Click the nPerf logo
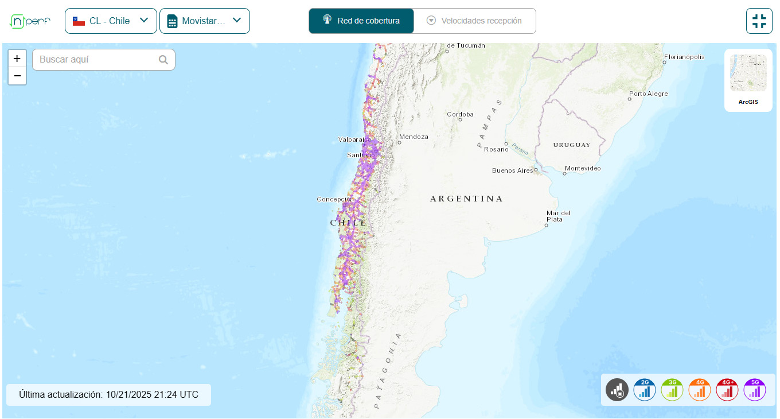pyautogui.click(x=30, y=21)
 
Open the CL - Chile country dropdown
pyautogui.click(x=111, y=21)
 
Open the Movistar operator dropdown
pyautogui.click(x=204, y=21)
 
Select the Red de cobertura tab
pyautogui.click(x=361, y=21)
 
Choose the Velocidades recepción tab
pyautogui.click(x=474, y=21)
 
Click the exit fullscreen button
pyautogui.click(x=759, y=21)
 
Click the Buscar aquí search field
pyautogui.click(x=97, y=60)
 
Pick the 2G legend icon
pyautogui.click(x=645, y=390)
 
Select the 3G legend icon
pyautogui.click(x=672, y=390)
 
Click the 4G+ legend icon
pyautogui.click(x=727, y=390)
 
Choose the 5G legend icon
pyautogui.click(x=755, y=390)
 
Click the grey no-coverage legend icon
pyautogui.click(x=617, y=390)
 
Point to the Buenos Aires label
pyautogui.click(x=512, y=170)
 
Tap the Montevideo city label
pyautogui.click(x=583, y=168)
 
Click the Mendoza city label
pyautogui.click(x=414, y=137)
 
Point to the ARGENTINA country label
pyautogui.click(x=466, y=199)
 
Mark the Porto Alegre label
pyautogui.click(x=648, y=94)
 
